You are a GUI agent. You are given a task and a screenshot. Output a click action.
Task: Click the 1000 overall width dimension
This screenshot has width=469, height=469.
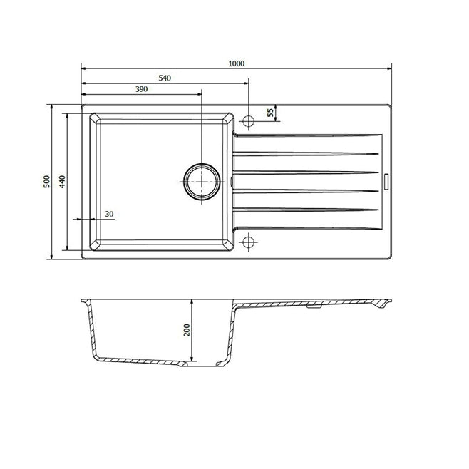click(x=237, y=63)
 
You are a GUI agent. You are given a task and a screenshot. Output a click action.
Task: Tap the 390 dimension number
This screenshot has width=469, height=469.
click(x=141, y=89)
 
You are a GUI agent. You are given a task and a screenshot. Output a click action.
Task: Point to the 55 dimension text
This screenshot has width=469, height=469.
click(x=270, y=113)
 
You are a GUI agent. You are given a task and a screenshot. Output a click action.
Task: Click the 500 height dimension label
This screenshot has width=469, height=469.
click(x=46, y=181)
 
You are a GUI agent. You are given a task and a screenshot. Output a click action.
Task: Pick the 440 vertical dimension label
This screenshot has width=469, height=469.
click(x=62, y=181)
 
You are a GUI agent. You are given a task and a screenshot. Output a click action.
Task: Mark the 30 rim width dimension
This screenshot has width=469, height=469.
click(x=108, y=214)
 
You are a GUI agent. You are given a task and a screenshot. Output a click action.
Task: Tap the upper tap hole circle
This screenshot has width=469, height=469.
click(x=248, y=120)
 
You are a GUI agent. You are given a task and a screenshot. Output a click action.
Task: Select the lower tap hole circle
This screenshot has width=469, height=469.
click(x=248, y=242)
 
